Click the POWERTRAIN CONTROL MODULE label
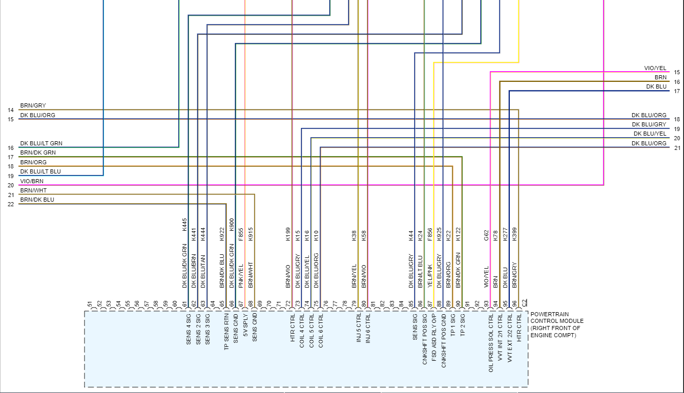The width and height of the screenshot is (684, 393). [x=555, y=325]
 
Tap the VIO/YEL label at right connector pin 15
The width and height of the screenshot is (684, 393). [x=655, y=69]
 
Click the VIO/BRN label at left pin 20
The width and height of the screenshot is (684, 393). [x=32, y=181]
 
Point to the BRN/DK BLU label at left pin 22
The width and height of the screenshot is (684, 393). [x=37, y=200]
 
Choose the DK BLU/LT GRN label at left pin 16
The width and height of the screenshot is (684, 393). [x=41, y=144]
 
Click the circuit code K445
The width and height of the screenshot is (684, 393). [x=185, y=225]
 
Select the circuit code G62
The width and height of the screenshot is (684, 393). [x=486, y=234]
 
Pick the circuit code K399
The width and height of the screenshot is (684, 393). [x=514, y=234]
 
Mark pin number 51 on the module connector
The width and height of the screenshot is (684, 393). [x=90, y=304]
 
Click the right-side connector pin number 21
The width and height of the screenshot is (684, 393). [x=677, y=148]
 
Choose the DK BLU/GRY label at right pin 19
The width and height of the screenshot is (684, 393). [x=649, y=124]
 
